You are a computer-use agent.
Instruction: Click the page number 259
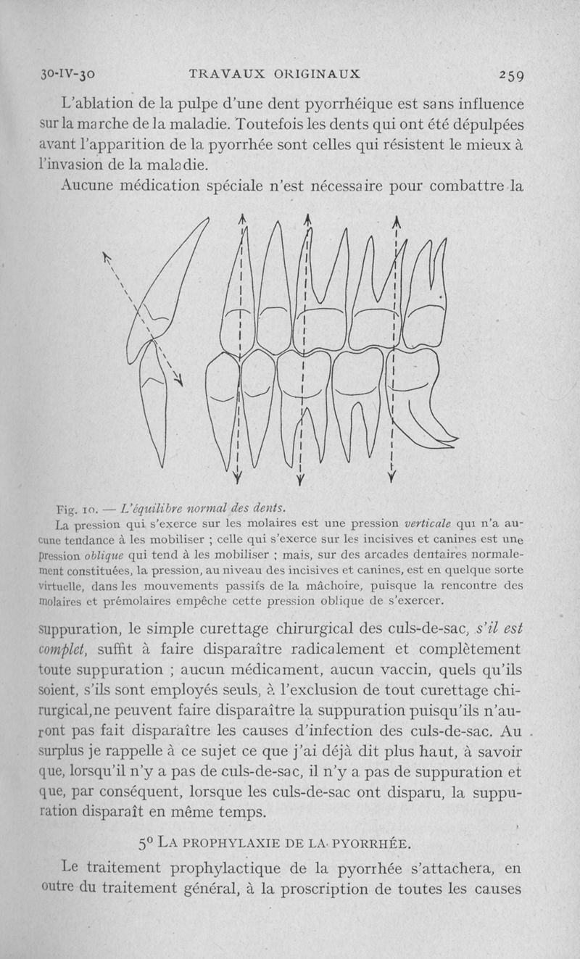click(512, 75)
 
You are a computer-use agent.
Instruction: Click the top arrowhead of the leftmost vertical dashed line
click(243, 219)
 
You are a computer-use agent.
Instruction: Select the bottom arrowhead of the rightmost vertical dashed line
click(391, 477)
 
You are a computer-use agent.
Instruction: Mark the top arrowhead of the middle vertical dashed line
click(308, 219)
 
